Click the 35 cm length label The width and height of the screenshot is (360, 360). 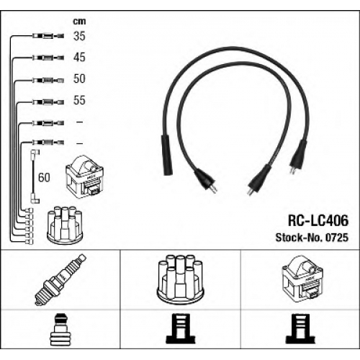pos(79,36)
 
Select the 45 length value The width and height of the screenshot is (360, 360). pos(79,58)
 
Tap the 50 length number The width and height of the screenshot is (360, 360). pos(79,78)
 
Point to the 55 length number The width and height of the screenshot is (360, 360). pos(79,100)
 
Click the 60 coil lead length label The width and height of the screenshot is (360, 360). pos(44,178)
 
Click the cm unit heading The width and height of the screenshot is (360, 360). pos(79,22)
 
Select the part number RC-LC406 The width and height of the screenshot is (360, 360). pos(318,220)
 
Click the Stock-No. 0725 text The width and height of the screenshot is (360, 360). pos(312,238)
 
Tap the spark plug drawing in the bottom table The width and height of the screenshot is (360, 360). pos(60,280)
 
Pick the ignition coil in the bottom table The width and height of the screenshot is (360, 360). pos(302,277)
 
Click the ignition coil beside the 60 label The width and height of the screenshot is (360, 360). pos(84,177)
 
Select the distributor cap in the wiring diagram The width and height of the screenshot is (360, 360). pos(65,225)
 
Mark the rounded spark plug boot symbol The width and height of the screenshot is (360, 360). pos(60,329)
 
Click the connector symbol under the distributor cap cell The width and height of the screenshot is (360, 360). pos(180,329)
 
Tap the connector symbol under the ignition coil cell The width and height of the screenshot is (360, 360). pos(300,329)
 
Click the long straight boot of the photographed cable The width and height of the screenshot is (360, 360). pos(167,155)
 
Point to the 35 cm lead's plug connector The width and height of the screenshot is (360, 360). pos(48,36)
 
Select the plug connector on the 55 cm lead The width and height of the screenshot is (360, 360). pos(48,102)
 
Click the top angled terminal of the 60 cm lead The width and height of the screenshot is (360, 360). pos(35,153)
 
